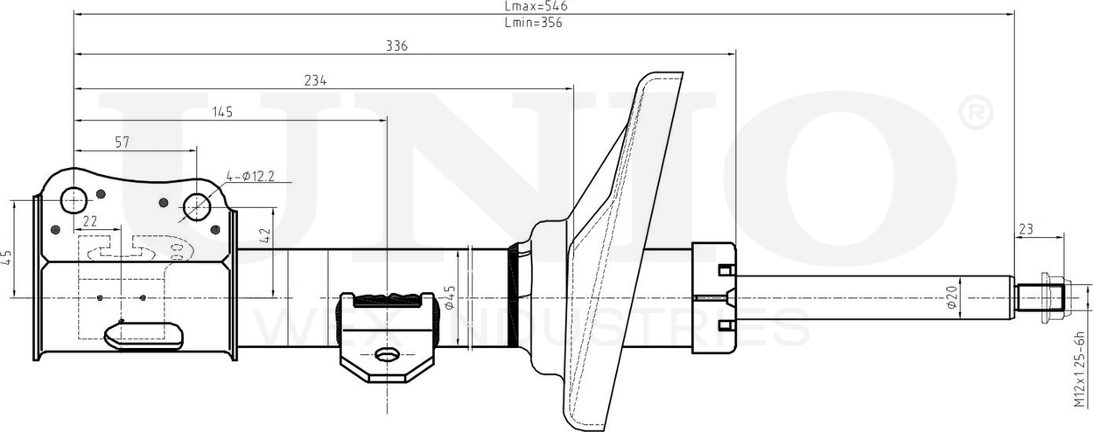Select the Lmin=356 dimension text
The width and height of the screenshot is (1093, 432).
(533, 24)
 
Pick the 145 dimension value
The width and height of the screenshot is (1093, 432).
(222, 112)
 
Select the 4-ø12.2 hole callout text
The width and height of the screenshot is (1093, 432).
(250, 177)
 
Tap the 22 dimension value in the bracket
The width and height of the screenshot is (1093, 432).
(90, 221)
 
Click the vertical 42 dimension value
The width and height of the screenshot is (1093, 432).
(265, 234)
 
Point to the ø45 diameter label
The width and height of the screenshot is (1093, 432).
(450, 297)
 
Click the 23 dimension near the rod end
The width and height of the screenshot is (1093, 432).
(1026, 229)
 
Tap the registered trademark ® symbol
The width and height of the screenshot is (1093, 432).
(976, 113)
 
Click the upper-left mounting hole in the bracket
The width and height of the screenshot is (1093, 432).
(74, 199)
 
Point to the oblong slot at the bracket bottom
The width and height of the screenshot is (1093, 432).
(144, 333)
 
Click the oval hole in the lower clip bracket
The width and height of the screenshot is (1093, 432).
(386, 355)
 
